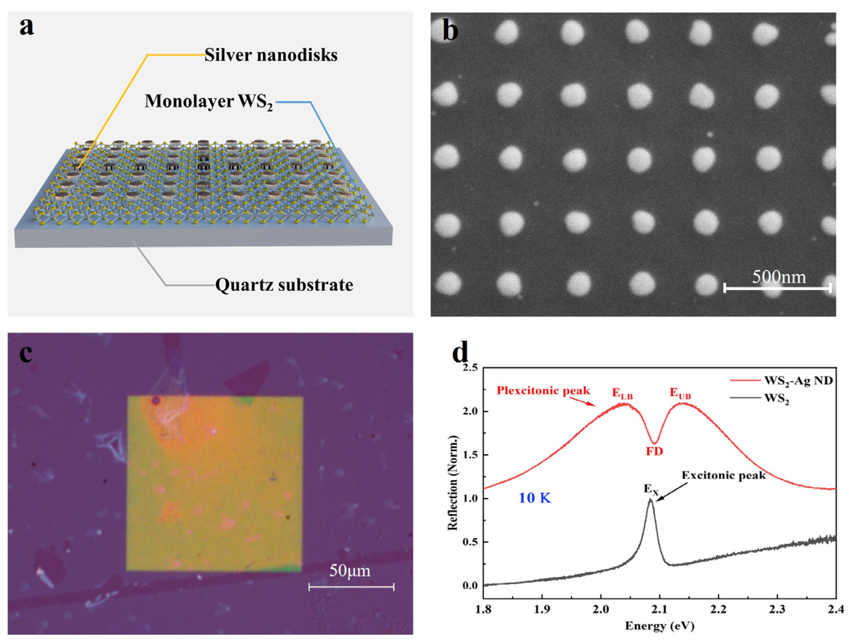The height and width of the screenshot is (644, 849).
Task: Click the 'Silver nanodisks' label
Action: coord(271,55)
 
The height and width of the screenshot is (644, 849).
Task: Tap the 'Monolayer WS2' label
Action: coord(209,102)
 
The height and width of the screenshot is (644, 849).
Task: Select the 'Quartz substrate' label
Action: coord(284,285)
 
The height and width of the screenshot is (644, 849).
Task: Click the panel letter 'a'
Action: coord(27,28)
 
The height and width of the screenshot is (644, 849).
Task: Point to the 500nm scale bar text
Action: coord(779,277)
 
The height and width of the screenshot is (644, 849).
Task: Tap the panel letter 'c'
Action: coord(26,354)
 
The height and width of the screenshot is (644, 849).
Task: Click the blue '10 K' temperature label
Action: coord(535,498)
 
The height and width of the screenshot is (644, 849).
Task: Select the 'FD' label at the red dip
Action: coord(654,452)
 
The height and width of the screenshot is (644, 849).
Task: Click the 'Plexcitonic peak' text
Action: coord(543,391)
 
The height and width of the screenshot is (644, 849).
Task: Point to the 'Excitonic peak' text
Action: coord(724,476)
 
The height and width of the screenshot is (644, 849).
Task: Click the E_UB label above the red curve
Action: coord(680,394)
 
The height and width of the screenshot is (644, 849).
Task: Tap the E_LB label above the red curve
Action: coord(622,394)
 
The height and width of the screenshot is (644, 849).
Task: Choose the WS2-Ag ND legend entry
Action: coord(798,381)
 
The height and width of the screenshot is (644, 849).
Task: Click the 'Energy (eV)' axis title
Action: coord(660,626)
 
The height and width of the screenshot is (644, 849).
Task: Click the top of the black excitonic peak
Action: coord(650,500)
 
